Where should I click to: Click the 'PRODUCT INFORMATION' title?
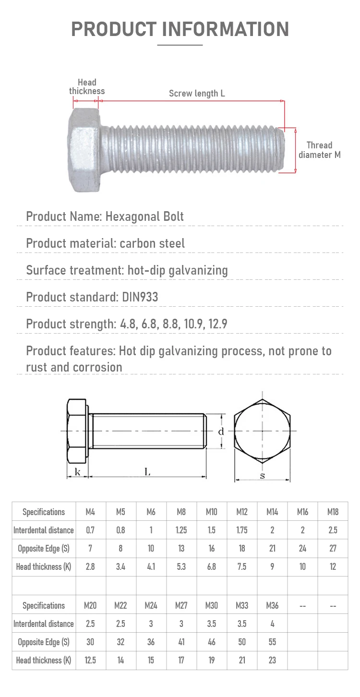point(180,29)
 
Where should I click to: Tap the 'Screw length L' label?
point(197,94)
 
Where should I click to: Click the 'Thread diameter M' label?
point(319,150)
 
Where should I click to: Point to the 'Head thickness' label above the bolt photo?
point(87,87)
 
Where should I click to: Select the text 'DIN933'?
point(140,297)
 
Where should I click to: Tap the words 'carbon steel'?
point(152,243)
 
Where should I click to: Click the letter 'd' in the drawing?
point(221,432)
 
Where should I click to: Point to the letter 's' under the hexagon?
point(262,476)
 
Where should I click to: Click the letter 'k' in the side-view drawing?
point(77,472)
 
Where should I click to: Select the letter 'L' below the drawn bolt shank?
point(147,472)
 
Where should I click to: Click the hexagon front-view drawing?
point(262,431)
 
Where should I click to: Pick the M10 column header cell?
point(211,512)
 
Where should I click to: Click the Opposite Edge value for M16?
point(302,548)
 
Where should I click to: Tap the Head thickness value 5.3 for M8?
point(181,566)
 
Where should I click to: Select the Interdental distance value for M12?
point(242,530)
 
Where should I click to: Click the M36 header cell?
point(272,605)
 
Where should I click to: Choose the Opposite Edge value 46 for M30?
point(211,642)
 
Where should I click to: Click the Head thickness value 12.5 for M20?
point(90,660)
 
